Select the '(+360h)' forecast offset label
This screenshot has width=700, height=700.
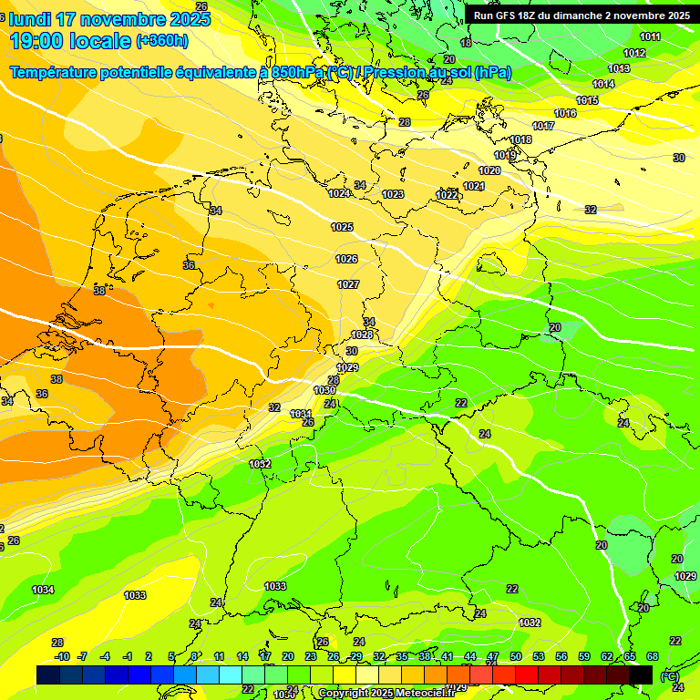[162, 41]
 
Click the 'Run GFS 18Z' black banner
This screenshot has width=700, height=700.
[581, 15]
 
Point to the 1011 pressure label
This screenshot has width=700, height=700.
[650, 37]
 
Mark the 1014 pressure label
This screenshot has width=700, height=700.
[603, 85]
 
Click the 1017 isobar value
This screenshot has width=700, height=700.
[543, 126]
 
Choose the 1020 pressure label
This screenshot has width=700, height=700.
[489, 170]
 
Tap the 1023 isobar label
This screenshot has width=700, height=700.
[393, 194]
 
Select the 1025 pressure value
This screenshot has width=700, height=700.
[342, 227]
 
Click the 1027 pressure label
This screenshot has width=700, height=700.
[347, 285]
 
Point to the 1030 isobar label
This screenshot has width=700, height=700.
[324, 390]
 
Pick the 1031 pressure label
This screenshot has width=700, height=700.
[301, 414]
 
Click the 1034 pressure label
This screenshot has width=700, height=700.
[43, 591]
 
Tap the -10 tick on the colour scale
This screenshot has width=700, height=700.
[62, 656]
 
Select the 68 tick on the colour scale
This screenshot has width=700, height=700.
[653, 656]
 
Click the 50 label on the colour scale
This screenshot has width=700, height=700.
[516, 656]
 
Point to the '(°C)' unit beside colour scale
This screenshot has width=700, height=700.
[669, 675]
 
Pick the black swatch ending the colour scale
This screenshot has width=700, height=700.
[641, 674]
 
